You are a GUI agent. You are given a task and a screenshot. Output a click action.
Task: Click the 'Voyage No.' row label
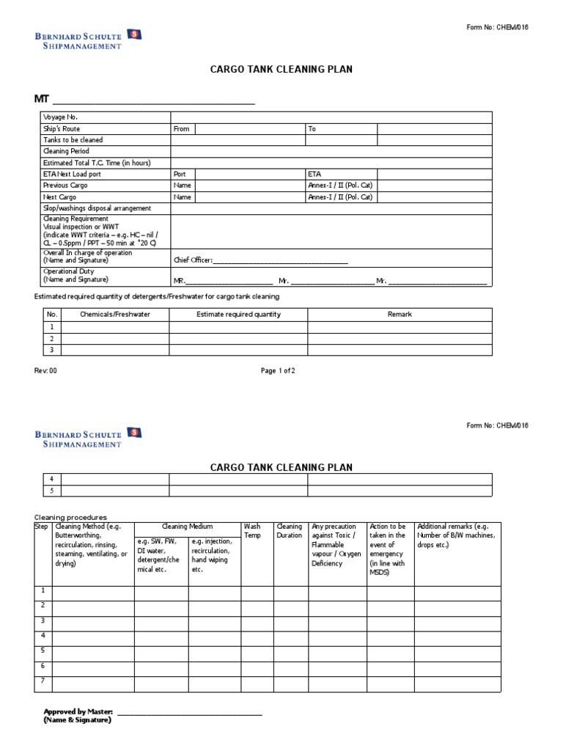click(60, 117)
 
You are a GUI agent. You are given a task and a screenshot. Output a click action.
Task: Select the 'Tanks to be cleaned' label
click(73, 140)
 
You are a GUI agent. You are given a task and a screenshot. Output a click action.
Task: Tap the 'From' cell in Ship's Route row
click(181, 129)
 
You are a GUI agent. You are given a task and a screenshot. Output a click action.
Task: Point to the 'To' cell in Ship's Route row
click(312, 129)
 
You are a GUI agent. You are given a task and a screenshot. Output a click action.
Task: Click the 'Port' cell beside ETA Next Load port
click(180, 175)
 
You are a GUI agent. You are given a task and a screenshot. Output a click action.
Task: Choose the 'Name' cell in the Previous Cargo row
click(182, 186)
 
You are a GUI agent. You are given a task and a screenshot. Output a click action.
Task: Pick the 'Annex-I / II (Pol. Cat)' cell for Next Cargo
click(340, 197)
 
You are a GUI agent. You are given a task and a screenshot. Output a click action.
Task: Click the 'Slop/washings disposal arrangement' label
click(97, 209)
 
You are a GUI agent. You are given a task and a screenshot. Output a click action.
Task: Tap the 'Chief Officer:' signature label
click(193, 260)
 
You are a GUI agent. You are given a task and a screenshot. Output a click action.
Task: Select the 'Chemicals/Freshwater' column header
click(115, 315)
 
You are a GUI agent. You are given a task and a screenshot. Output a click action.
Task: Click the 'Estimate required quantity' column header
click(238, 315)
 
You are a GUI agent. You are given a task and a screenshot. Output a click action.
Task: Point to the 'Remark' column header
click(400, 315)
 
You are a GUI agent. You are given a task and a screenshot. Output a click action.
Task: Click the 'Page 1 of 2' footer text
click(278, 371)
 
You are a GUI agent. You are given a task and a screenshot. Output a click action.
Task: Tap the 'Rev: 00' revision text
click(45, 371)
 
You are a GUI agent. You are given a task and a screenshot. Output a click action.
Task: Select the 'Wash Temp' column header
click(251, 531)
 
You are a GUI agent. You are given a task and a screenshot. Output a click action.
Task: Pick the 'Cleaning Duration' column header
click(289, 531)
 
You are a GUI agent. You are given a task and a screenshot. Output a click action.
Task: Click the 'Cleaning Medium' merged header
click(188, 527)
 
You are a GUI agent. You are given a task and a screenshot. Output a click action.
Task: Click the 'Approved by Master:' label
click(78, 712)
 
